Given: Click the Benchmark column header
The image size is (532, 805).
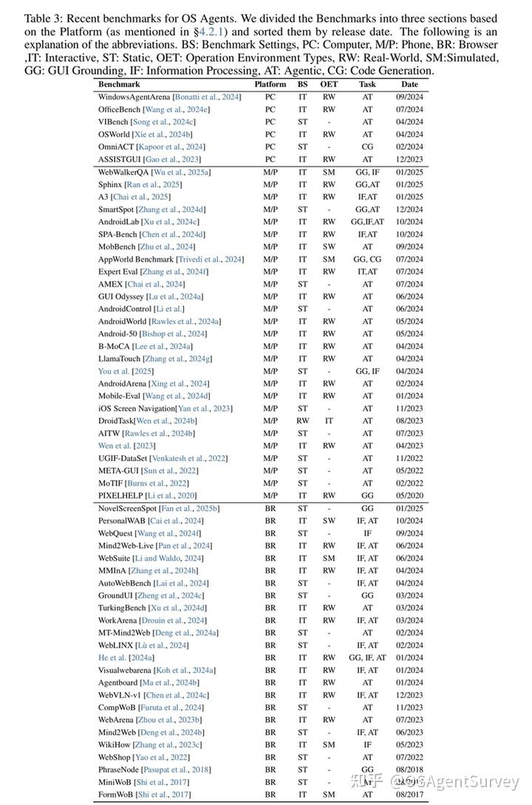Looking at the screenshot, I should [x=119, y=85].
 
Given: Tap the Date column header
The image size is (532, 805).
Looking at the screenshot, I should [x=409, y=85].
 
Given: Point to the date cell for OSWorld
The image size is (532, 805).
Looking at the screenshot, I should [x=409, y=134].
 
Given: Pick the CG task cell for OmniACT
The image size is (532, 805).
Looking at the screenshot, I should [x=367, y=147].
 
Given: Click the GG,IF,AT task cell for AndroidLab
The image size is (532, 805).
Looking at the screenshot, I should [x=367, y=221].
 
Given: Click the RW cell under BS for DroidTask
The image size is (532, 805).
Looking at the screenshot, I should [x=303, y=421].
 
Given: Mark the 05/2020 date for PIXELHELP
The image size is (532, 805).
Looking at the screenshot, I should [x=409, y=496].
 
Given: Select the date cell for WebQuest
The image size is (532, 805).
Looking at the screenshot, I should [x=409, y=533].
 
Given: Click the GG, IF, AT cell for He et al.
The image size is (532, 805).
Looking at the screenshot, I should [x=367, y=657].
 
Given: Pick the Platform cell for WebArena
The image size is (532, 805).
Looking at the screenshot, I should [x=270, y=719].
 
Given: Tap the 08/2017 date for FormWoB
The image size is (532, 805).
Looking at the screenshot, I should [x=409, y=795].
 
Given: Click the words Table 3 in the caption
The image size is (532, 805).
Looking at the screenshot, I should [x=41, y=18].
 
